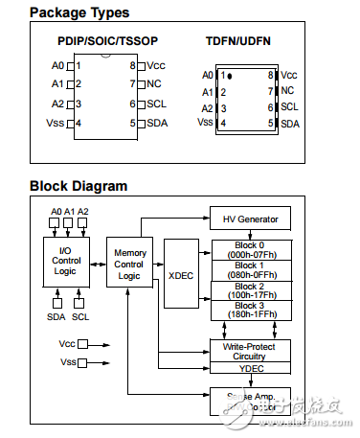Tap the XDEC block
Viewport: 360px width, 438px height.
pos(181,273)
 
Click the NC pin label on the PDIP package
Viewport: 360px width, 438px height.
pos(153,84)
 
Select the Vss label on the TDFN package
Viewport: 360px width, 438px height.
pos(205,123)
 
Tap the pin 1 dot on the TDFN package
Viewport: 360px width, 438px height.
pos(229,75)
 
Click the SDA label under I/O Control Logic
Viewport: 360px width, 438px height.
pos(56,317)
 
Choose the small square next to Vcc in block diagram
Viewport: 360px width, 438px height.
pos(82,343)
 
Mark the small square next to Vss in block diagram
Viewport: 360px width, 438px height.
pos(82,362)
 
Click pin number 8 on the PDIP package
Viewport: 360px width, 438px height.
pos(133,66)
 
